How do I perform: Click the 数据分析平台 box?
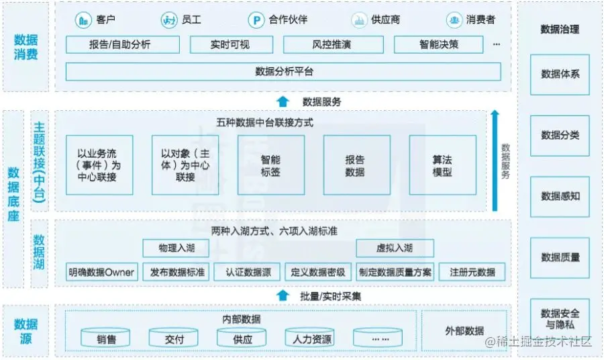tap(283, 71)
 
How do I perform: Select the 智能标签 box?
tap(270, 165)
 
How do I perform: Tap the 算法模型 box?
tap(442, 165)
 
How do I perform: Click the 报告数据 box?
tap(356, 165)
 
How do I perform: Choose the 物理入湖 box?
tap(175, 249)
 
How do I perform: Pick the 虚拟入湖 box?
tap(394, 249)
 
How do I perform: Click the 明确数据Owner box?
tap(101, 272)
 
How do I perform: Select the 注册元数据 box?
tap(472, 272)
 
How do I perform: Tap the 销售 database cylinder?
tap(106, 338)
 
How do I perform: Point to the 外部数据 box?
tap(464, 330)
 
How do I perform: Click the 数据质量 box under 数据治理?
tap(560, 257)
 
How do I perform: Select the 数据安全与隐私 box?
tap(560, 318)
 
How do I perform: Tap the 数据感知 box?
tap(560, 196)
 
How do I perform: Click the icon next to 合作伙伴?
tap(256, 20)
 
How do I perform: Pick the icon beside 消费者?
tap(454, 20)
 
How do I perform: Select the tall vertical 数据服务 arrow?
tap(494, 161)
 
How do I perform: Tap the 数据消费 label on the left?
tap(26, 46)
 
